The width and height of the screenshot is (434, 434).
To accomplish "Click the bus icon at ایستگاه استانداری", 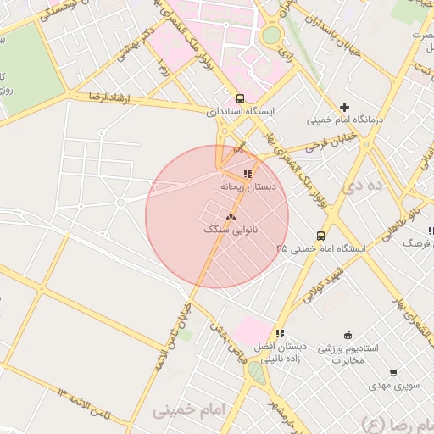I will point(241,97).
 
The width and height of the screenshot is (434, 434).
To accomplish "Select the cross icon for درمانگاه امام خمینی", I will point(344,107).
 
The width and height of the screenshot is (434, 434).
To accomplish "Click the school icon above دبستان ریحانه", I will point(248,174).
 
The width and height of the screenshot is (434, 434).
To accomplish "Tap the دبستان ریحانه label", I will point(243,186).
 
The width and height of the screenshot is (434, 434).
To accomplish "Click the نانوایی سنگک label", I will point(231,230).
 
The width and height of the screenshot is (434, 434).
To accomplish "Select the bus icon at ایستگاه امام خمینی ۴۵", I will point(320,236).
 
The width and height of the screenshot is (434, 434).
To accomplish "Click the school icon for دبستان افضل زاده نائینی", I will point(281,333).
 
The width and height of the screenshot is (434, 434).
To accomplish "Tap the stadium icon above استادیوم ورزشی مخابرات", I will point(348,336).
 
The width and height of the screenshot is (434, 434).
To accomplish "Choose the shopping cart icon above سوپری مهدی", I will point(393,373).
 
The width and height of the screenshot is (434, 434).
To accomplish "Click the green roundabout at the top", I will point(271,36).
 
